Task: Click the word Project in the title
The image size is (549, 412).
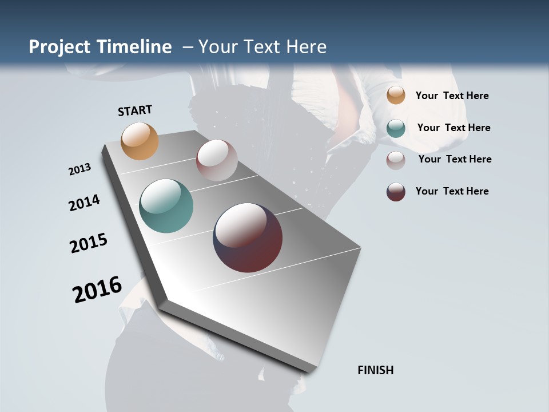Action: [59, 47]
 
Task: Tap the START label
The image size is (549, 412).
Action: [135, 110]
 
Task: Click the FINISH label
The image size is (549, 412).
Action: [376, 370]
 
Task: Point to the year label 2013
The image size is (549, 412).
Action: [79, 169]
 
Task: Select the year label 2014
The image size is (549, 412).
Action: [84, 203]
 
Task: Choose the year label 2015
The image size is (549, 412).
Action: [89, 243]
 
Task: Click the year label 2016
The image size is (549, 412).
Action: [97, 290]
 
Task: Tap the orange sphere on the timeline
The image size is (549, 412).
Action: [140, 141]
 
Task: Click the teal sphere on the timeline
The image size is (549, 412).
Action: [166, 206]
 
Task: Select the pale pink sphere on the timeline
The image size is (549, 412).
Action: [217, 160]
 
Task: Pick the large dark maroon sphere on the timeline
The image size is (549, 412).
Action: [248, 237]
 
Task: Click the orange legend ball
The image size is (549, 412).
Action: [396, 95]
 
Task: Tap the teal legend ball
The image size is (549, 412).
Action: [396, 128]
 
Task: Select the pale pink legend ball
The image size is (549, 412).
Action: [396, 160]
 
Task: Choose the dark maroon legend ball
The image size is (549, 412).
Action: [396, 192]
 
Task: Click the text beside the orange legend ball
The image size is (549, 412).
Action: [452, 96]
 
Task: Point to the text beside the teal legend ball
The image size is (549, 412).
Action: [454, 128]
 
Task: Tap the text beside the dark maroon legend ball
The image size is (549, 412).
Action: [452, 191]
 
